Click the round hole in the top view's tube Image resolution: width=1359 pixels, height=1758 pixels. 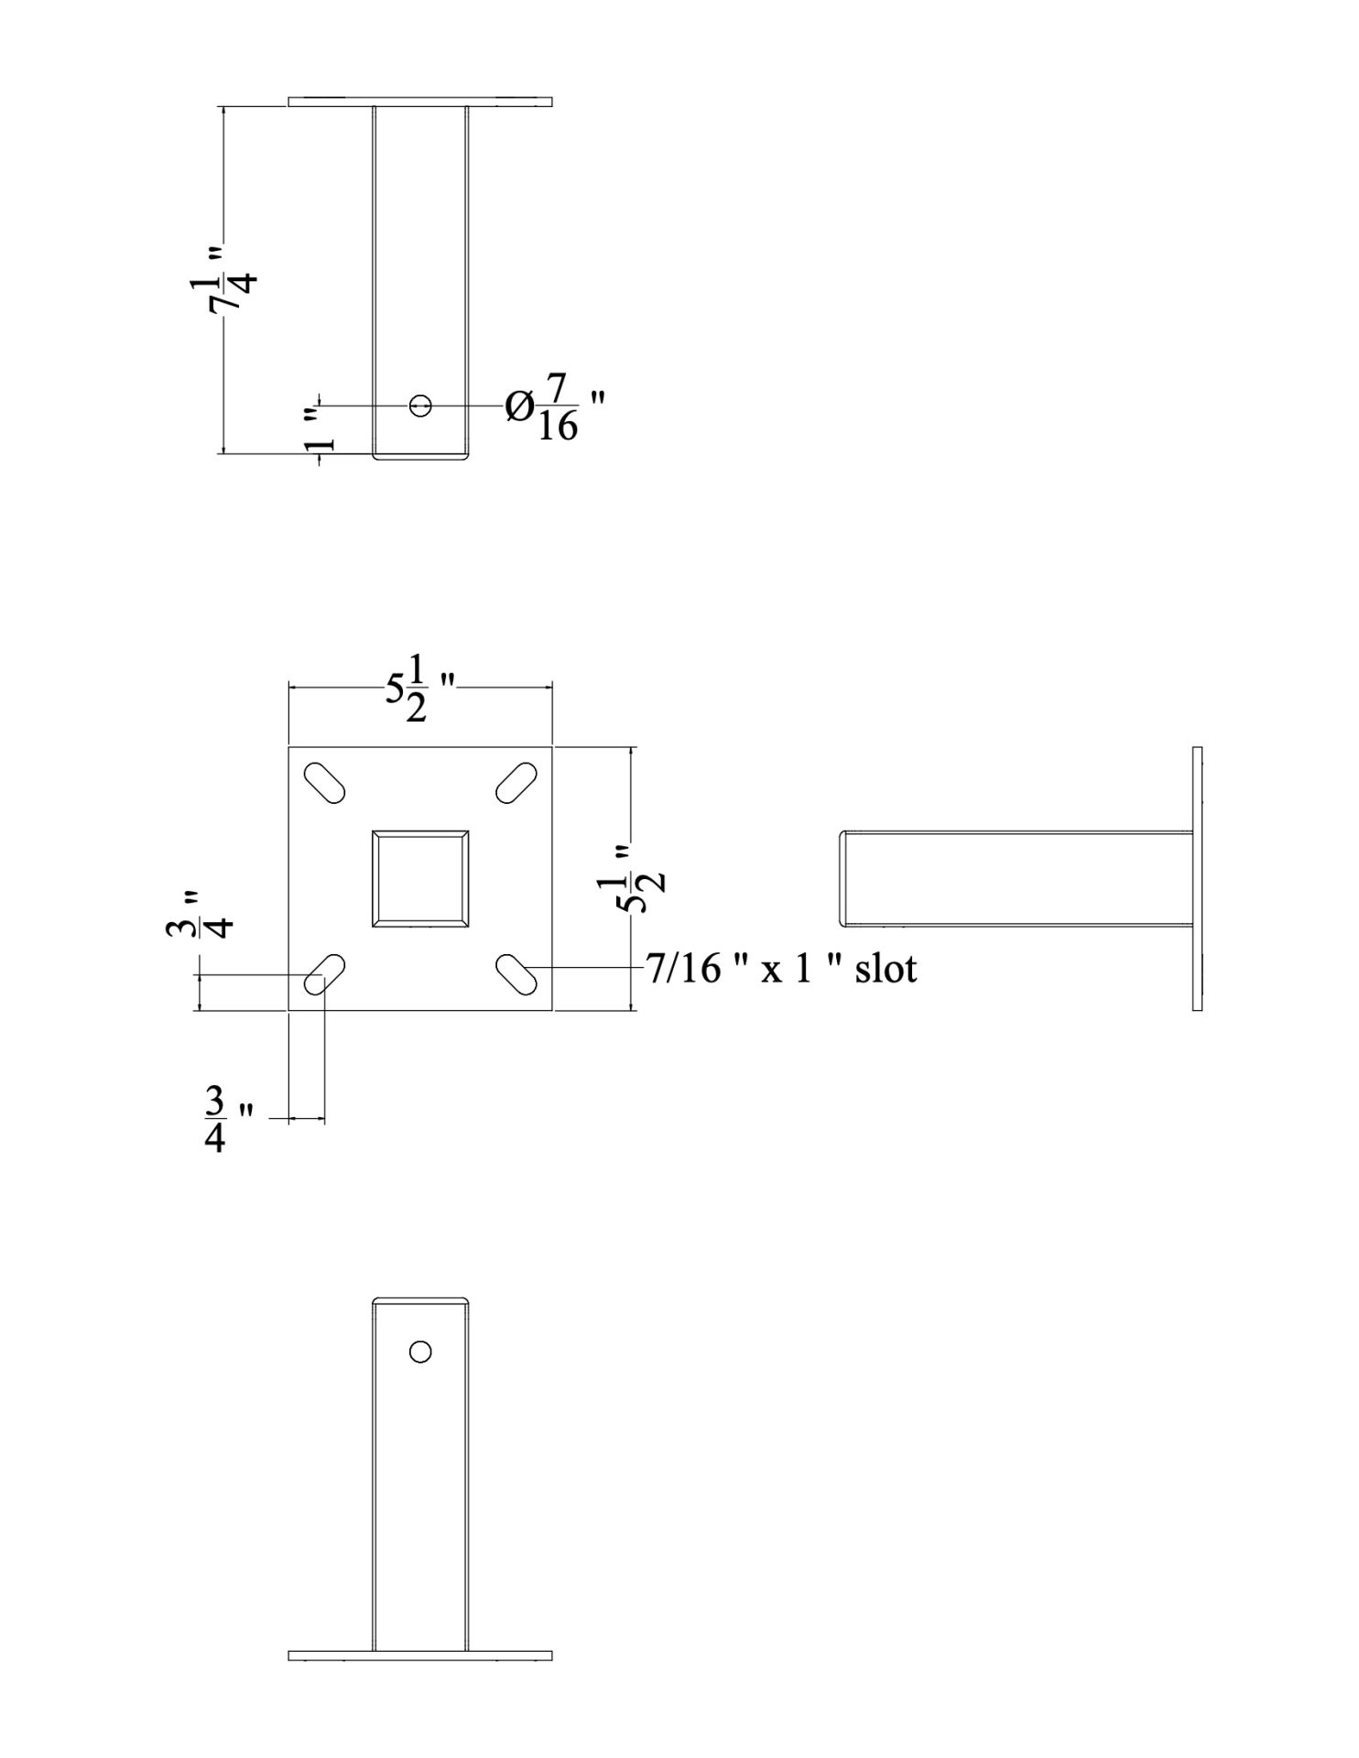point(421,405)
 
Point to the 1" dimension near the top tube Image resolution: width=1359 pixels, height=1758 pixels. point(320,430)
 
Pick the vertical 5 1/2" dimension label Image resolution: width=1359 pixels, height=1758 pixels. point(643,880)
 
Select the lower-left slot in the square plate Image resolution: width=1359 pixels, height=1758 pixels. point(324,975)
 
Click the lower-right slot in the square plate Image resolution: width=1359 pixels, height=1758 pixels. point(516,975)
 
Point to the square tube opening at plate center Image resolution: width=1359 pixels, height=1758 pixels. point(420,880)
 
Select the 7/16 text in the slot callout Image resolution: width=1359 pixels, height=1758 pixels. point(684,969)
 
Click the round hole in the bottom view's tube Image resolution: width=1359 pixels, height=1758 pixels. point(421,1351)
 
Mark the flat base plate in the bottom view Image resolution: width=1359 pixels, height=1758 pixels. point(420,1655)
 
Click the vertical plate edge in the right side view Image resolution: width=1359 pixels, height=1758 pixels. point(1197,879)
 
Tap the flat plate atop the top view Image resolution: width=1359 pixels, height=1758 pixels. point(420,101)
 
